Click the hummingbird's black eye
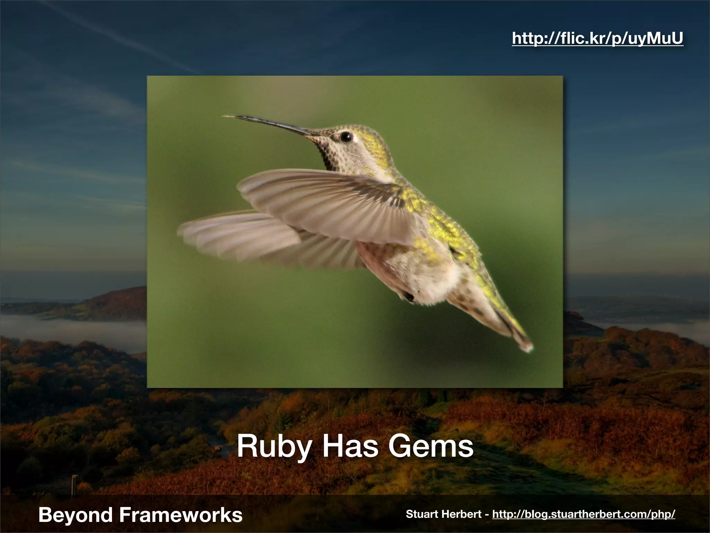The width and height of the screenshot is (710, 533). coord(346,137)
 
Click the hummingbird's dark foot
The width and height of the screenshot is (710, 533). coord(408,296)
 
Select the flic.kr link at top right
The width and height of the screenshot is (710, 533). coord(597,39)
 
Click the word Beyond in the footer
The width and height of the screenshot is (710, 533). coord(76,515)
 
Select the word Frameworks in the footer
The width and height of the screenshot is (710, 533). coord(181,515)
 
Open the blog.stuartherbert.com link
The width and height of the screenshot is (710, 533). coord(583,514)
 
